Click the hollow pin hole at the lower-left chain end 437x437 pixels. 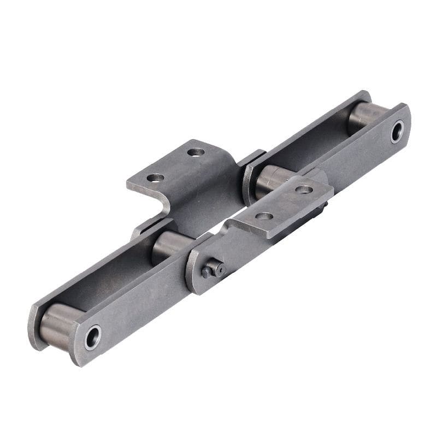(x=93, y=337)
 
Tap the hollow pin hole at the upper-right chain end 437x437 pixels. (x=397, y=132)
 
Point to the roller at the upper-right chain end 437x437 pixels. (x=364, y=117)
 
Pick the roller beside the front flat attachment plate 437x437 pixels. (x=273, y=180)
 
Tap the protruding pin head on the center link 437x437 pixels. (x=212, y=269)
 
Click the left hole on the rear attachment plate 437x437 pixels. (x=155, y=178)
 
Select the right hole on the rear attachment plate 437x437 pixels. (x=196, y=152)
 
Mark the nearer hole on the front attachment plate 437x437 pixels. (x=264, y=216)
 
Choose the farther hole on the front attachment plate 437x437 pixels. (x=304, y=190)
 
